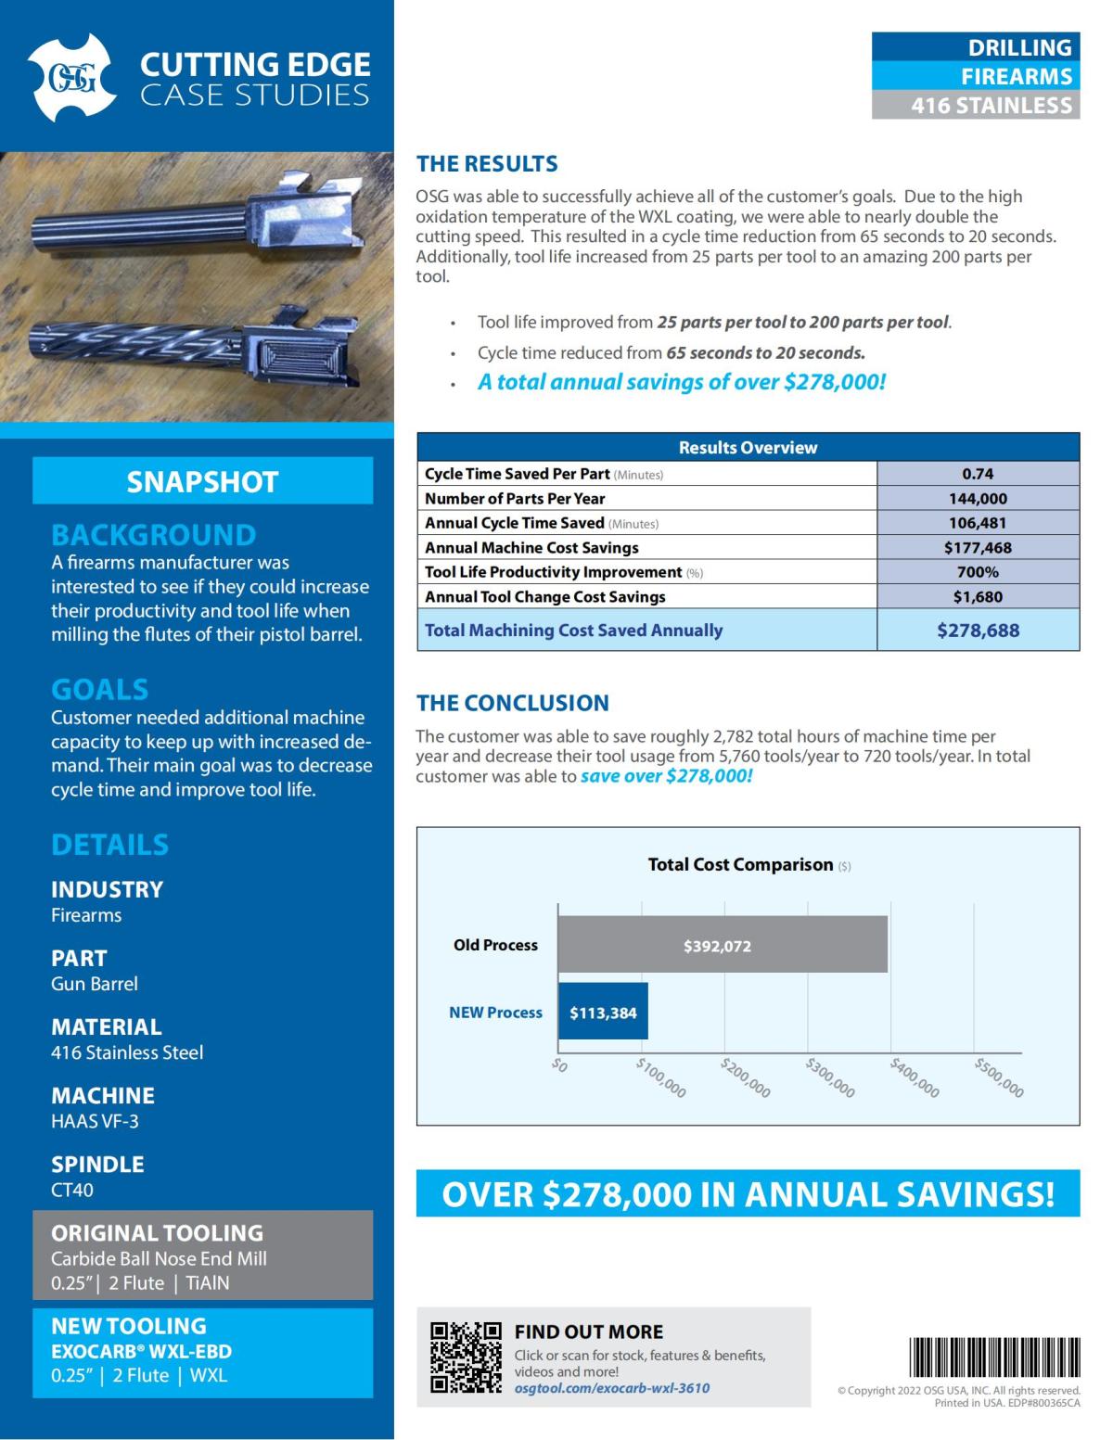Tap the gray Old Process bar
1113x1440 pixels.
point(722,945)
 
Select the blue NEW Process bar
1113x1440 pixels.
point(603,1012)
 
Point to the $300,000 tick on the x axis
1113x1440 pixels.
point(830,1077)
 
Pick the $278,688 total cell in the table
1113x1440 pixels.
point(978,631)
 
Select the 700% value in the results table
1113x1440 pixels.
point(978,572)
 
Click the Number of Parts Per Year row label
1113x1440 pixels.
point(515,498)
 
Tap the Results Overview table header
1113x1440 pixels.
point(748,447)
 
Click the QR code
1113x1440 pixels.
point(466,1357)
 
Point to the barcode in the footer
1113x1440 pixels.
point(994,1357)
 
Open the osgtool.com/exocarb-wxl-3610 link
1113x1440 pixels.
point(612,1388)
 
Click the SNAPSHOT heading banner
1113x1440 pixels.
point(202,481)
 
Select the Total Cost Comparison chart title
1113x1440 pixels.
point(740,864)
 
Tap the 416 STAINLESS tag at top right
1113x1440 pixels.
point(976,106)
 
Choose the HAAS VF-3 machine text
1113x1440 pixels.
point(95,1121)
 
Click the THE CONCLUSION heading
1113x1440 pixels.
point(512,703)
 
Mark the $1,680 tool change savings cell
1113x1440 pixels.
point(978,596)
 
